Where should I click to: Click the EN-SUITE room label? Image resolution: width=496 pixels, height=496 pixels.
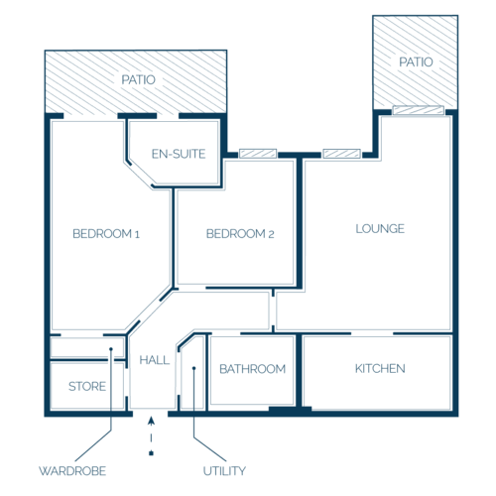tap(179, 154)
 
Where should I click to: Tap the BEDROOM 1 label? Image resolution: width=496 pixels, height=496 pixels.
tap(106, 234)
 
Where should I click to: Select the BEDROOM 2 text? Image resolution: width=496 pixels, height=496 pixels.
tap(240, 234)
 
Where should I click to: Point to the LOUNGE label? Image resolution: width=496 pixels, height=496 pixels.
tap(380, 228)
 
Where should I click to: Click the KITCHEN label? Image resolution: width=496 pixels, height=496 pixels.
tap(380, 368)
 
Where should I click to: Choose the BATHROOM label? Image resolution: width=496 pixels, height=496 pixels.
tap(253, 369)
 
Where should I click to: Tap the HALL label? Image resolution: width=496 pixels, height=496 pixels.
tap(155, 360)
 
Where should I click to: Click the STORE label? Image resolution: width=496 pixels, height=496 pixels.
tap(87, 386)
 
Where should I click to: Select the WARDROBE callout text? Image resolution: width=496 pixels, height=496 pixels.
tap(72, 471)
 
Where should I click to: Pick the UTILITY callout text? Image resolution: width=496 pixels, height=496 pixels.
tap(224, 471)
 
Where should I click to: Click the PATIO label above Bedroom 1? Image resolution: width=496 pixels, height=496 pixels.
tap(138, 79)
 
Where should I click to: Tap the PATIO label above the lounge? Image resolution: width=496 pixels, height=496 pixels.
tap(416, 62)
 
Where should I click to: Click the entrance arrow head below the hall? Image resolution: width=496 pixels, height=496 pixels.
tap(151, 421)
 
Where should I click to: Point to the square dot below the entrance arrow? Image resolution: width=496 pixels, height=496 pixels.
tap(151, 453)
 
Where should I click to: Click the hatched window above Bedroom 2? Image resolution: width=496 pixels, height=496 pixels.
tap(258, 154)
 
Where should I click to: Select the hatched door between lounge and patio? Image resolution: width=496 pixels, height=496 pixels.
tap(418, 110)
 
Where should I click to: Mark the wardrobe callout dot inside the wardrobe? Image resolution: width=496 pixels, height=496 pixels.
tap(111, 349)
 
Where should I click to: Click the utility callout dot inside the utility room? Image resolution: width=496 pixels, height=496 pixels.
tap(194, 368)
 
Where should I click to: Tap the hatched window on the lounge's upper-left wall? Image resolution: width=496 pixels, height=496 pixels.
tap(341, 154)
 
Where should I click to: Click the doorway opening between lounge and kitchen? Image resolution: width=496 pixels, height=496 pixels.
tap(372, 333)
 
